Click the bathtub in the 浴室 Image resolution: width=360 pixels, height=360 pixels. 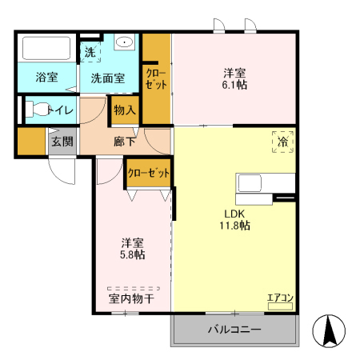(x=46, y=48)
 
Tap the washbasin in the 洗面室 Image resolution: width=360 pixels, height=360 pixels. (x=124, y=42)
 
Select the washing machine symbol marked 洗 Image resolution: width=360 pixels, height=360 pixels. (x=90, y=52)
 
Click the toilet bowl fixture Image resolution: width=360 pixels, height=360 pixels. (x=37, y=109)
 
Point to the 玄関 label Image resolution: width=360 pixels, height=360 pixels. (x=62, y=142)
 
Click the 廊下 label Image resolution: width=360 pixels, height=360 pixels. (x=124, y=142)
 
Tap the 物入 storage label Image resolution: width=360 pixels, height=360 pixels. (x=125, y=110)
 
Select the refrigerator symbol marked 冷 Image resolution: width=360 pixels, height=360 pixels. (x=282, y=142)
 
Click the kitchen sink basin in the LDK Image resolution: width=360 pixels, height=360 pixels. (x=250, y=183)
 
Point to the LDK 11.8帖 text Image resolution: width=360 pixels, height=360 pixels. (x=234, y=220)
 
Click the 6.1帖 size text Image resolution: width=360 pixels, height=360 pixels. (x=234, y=85)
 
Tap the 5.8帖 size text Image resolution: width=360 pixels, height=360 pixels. (x=132, y=254)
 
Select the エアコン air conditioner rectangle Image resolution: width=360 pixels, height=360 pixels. (x=280, y=306)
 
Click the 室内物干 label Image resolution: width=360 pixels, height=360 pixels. (x=131, y=299)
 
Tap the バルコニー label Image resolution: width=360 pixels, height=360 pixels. (x=234, y=330)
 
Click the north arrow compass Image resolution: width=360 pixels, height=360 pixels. (x=329, y=331)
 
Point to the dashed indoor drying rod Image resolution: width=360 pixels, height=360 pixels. (x=134, y=288)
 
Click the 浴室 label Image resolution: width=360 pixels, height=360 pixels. (x=46, y=77)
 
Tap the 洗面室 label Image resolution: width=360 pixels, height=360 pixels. (x=108, y=78)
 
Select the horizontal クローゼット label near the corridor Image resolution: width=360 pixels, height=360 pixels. (x=148, y=173)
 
